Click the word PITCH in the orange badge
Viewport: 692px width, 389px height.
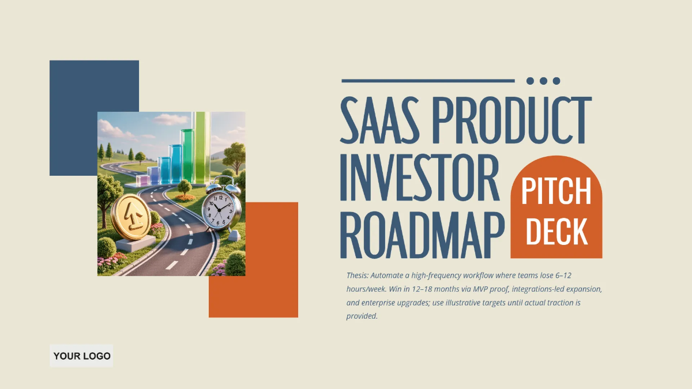click(556, 192)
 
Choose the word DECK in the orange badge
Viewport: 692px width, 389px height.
click(556, 232)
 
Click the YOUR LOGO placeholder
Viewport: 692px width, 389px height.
click(81, 356)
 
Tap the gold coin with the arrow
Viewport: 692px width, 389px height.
click(131, 217)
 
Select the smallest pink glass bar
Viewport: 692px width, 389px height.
click(142, 180)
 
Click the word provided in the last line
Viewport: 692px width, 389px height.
click(361, 316)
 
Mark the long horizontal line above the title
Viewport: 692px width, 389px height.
click(427, 81)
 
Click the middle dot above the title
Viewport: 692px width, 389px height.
click(543, 81)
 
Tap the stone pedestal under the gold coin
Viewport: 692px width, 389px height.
click(136, 244)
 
